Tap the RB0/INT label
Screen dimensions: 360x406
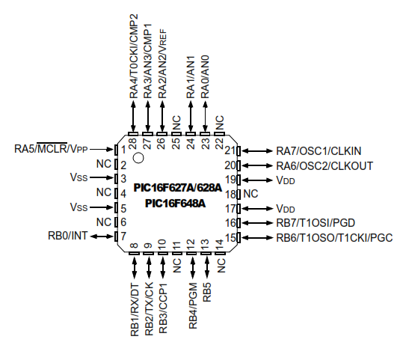click(68, 236)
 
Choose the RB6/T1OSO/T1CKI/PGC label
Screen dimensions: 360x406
click(334, 238)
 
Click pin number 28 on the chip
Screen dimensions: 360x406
click(133, 141)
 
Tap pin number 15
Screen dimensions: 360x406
click(230, 238)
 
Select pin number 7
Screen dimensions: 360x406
click(123, 237)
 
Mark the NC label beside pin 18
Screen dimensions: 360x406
click(250, 194)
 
